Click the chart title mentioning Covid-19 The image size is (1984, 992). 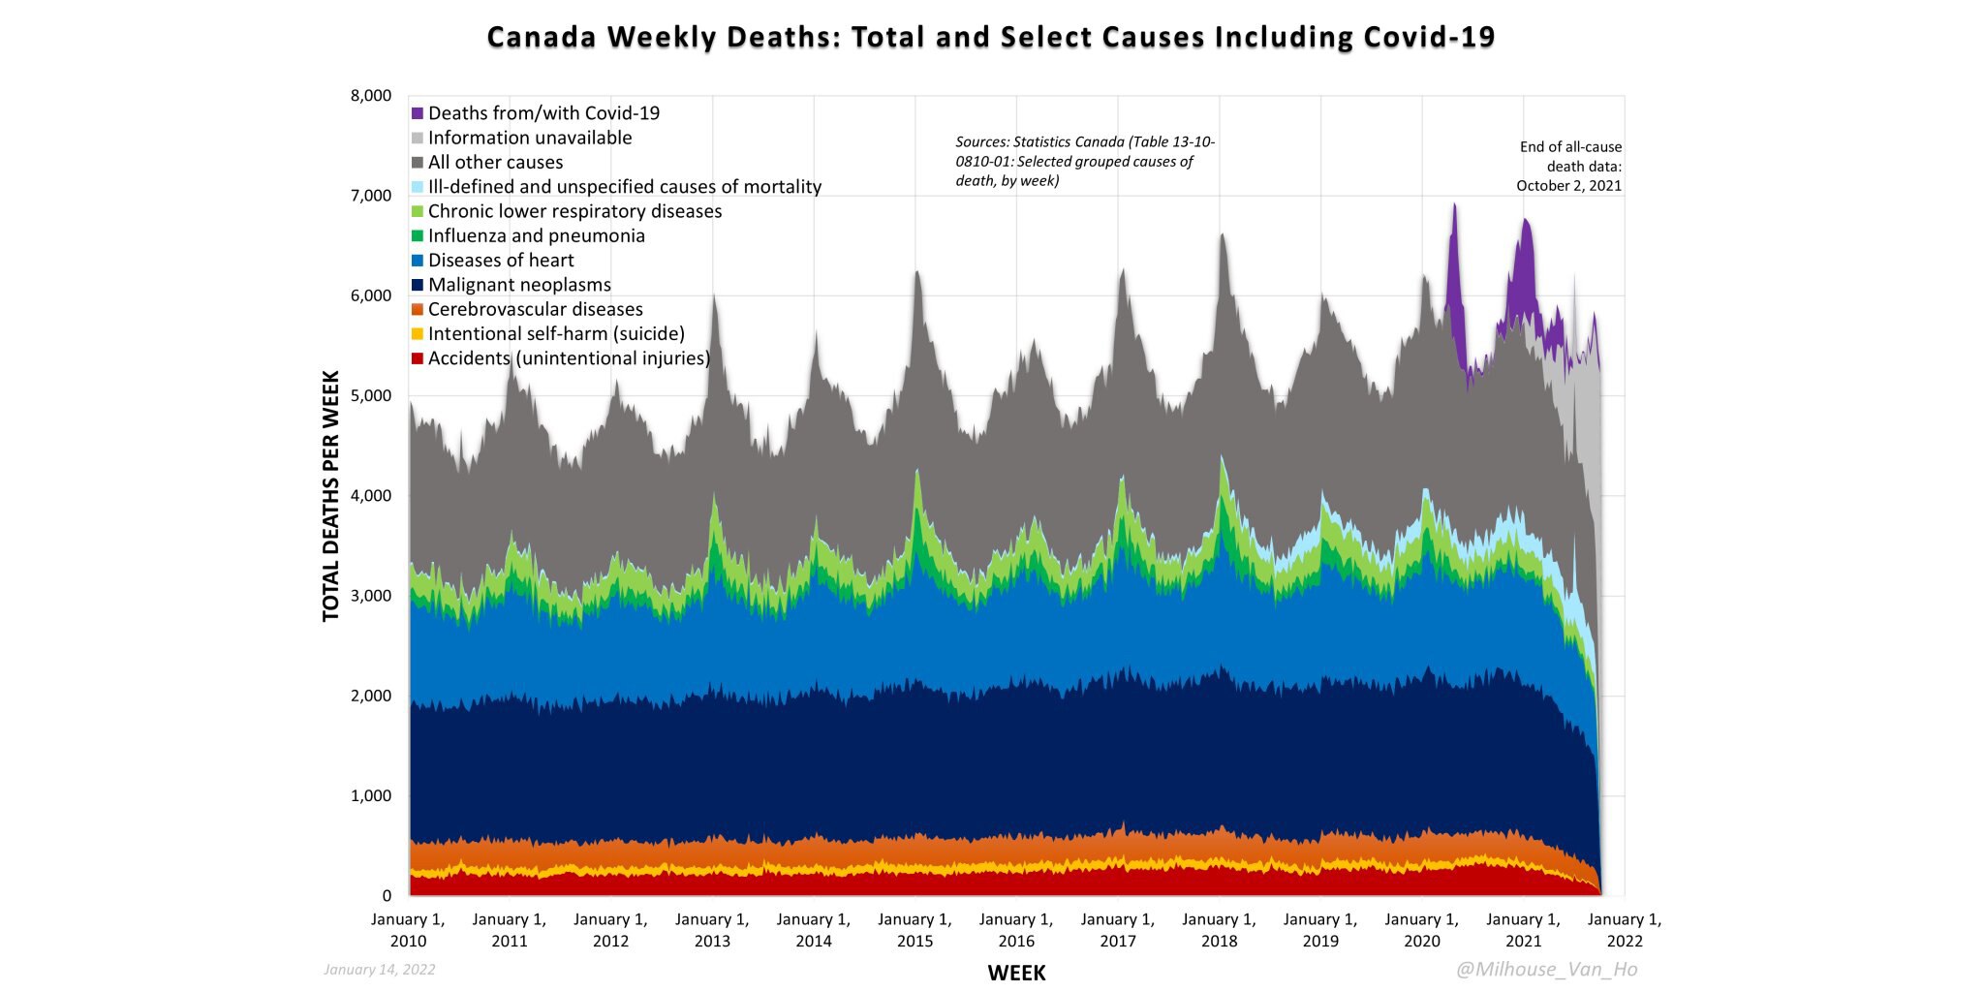click(x=991, y=37)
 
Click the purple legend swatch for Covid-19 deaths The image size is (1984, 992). click(x=418, y=113)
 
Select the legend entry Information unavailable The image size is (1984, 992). click(x=529, y=138)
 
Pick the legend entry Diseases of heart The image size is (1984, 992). click(x=500, y=260)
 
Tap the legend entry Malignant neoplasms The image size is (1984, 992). click(x=518, y=285)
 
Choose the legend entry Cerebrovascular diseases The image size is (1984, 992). click(x=535, y=309)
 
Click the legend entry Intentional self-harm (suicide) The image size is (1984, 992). click(x=555, y=333)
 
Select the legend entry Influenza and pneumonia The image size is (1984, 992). click(x=536, y=235)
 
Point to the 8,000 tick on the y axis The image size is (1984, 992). click(x=370, y=96)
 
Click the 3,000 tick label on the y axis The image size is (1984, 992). click(x=370, y=596)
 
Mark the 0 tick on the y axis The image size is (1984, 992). click(x=387, y=896)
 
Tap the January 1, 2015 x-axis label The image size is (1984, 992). click(x=914, y=930)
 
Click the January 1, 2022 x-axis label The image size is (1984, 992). click(x=1625, y=930)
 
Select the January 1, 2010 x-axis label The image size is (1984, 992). click(x=408, y=930)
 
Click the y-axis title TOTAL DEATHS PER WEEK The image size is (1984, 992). click(x=331, y=496)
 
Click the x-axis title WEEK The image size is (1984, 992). click(x=1016, y=973)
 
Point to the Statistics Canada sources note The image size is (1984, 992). click(x=1084, y=161)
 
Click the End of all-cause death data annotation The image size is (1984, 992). click(x=1569, y=167)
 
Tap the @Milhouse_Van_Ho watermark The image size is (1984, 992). click(x=1546, y=969)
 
